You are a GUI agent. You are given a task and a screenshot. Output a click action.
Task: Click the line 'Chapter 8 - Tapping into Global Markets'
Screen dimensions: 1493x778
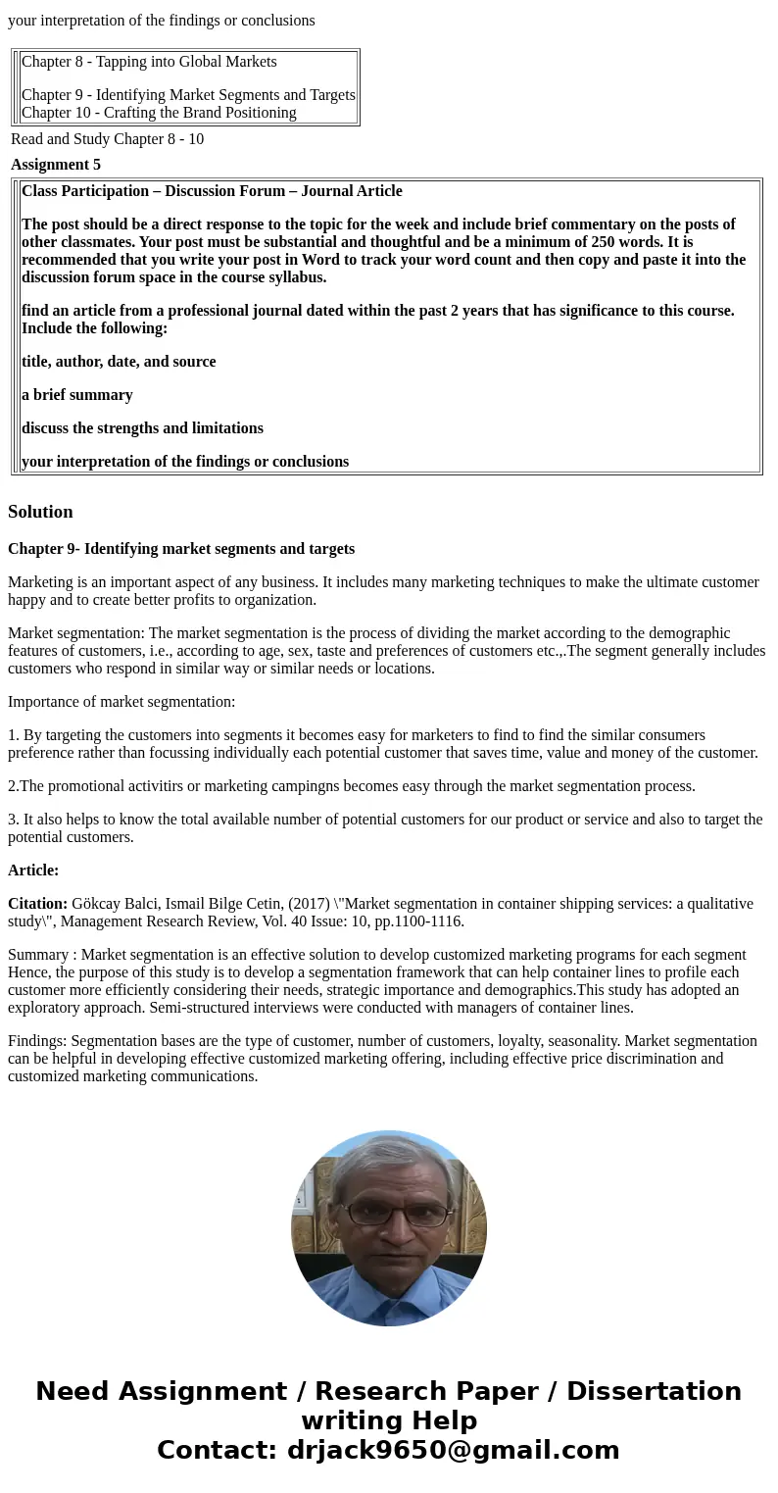(x=149, y=62)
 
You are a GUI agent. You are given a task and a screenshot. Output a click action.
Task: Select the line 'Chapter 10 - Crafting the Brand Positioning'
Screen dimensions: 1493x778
(x=159, y=113)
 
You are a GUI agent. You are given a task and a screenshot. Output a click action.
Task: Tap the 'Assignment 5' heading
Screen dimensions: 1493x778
(x=56, y=165)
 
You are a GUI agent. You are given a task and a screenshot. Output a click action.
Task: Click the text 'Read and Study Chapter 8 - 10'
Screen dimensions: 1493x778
(x=108, y=139)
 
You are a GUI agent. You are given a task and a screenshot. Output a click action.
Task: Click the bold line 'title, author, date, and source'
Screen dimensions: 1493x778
(x=119, y=362)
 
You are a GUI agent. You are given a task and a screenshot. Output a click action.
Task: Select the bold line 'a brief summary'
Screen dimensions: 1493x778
(x=76, y=395)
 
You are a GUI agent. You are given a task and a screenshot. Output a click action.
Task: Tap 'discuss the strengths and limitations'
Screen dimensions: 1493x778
(x=142, y=428)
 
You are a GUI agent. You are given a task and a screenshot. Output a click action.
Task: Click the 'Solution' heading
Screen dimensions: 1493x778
(x=40, y=512)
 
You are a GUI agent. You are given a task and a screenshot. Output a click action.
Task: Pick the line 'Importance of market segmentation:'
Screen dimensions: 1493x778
(x=122, y=702)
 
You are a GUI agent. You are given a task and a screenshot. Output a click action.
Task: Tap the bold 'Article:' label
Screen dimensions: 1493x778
(x=33, y=871)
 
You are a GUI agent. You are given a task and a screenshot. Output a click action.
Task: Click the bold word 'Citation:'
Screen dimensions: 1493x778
(x=37, y=904)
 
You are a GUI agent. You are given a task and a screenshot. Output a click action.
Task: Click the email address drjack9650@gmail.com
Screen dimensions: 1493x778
(x=453, y=1451)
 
